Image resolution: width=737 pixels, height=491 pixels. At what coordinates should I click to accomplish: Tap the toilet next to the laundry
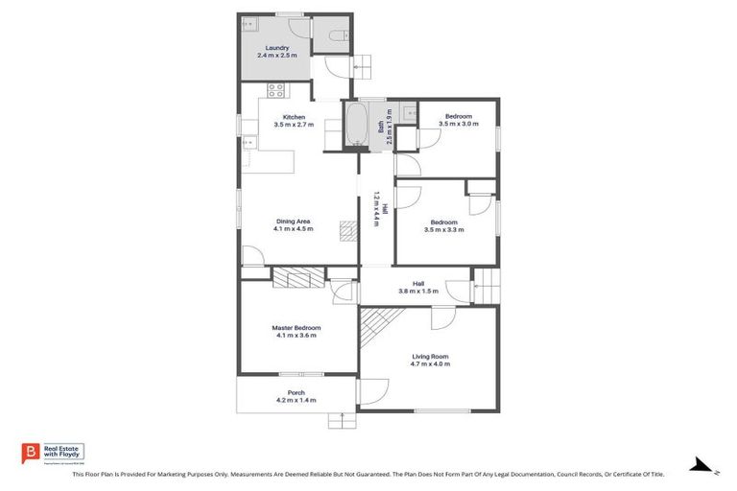click(x=335, y=35)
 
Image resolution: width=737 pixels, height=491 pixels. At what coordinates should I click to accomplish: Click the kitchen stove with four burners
click(x=276, y=91)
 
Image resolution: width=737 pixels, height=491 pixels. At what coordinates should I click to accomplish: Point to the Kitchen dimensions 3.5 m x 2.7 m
click(x=293, y=125)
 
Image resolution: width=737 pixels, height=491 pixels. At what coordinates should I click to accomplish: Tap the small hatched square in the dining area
click(x=346, y=229)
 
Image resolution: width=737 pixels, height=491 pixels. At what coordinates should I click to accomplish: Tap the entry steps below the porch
click(x=341, y=419)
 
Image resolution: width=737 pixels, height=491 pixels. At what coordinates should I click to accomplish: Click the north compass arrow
click(x=703, y=466)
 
